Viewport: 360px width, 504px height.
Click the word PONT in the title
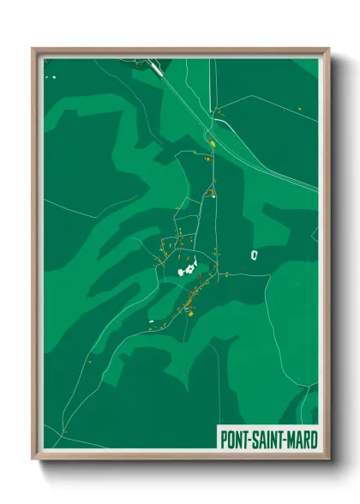tap(235, 439)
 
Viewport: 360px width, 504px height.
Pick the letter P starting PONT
tap(223, 439)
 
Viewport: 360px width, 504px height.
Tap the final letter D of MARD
tap(313, 439)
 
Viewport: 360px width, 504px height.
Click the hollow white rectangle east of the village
tap(254, 255)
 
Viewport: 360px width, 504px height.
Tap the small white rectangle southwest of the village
tap(151, 321)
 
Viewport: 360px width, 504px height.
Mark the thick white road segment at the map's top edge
tap(156, 67)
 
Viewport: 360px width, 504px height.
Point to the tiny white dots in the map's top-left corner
tap(51, 78)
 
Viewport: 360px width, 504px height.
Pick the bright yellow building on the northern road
tap(208, 144)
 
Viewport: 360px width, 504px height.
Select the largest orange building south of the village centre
tap(189, 314)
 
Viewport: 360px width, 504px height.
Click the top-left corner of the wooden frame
tap(33, 49)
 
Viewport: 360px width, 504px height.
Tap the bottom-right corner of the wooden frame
tap(328, 460)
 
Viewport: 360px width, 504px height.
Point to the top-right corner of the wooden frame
tap(328, 49)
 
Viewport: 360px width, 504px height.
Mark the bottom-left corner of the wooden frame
tap(33, 460)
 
